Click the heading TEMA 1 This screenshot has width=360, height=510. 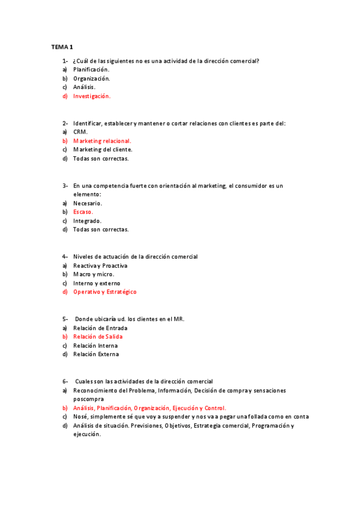(x=61, y=47)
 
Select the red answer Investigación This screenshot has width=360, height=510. (x=92, y=96)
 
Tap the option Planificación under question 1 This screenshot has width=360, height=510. (x=91, y=70)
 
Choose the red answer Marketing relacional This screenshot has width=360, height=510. (x=102, y=141)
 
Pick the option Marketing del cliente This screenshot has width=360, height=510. (x=103, y=150)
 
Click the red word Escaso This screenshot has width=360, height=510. (x=83, y=212)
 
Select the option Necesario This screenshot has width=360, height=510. (x=88, y=203)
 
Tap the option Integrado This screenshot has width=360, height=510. (x=87, y=221)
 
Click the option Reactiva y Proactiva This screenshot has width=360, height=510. (x=100, y=266)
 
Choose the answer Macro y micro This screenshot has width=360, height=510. (x=93, y=274)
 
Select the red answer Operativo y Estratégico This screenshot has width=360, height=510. (x=105, y=292)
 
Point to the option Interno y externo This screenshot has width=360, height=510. (x=97, y=283)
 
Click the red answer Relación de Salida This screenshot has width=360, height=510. (x=98, y=337)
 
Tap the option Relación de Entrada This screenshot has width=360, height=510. (x=100, y=328)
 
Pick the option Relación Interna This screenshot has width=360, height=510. (x=96, y=346)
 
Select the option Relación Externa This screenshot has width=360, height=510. (x=96, y=354)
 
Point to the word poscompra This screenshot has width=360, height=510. (x=88, y=399)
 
